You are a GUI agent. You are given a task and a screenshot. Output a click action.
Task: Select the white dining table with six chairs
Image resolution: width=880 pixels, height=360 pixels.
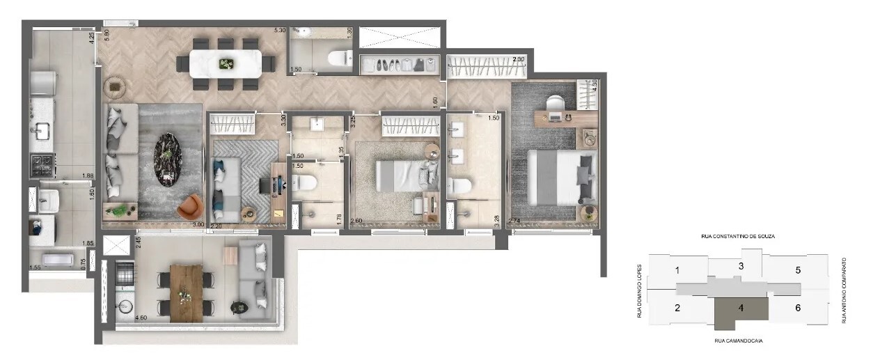226,63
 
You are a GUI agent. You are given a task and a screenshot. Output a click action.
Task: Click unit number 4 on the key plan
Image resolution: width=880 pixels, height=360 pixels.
741,307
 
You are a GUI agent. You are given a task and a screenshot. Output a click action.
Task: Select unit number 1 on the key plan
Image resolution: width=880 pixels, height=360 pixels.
677,270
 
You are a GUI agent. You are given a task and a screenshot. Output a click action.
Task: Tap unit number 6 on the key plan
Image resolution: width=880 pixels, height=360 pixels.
798,308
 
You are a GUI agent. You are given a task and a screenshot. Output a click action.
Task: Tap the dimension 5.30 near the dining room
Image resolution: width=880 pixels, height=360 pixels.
280,31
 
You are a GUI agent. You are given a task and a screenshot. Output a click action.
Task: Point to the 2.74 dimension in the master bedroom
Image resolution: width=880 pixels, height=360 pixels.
515,221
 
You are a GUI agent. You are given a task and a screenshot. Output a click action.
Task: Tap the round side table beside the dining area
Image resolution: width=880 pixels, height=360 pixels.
114,87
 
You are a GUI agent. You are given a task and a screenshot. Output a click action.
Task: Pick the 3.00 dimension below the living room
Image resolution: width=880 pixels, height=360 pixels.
198,224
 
